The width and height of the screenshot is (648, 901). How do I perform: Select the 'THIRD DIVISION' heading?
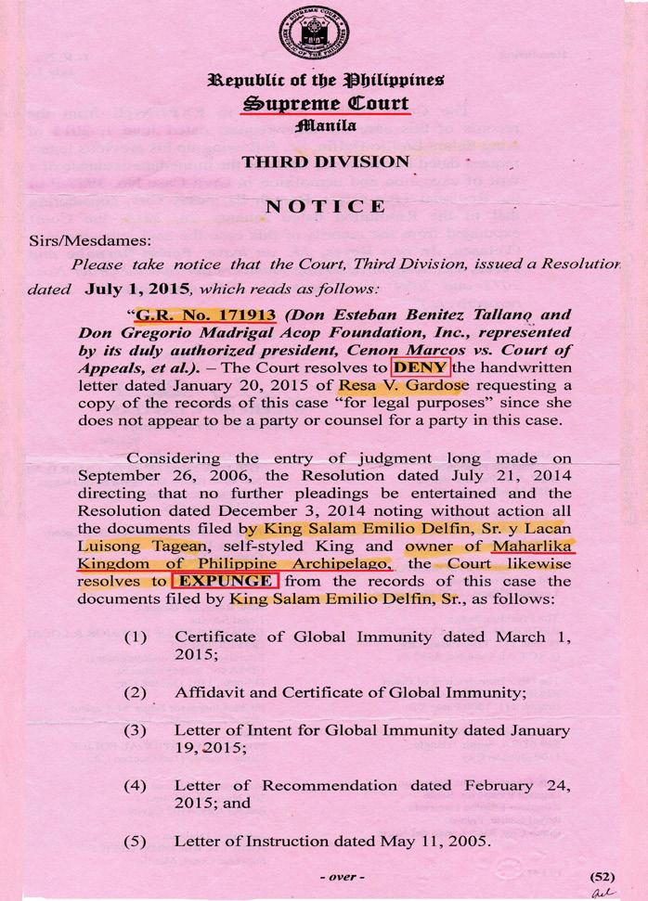click(325, 163)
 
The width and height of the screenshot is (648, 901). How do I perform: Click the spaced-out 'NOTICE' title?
click(325, 206)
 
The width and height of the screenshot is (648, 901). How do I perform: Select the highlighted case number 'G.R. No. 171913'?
click(206, 315)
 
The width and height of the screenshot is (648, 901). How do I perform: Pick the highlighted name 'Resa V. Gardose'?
click(394, 384)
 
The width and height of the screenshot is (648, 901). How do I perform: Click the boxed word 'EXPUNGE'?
click(226, 582)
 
